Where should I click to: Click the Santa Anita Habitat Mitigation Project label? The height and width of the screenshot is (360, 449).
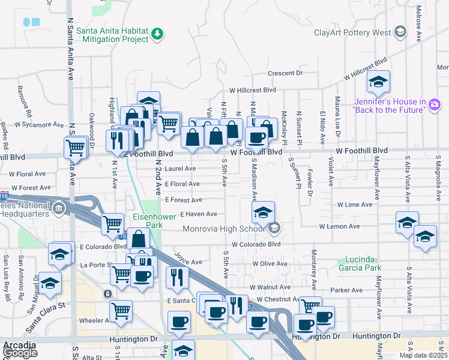coord(112,34)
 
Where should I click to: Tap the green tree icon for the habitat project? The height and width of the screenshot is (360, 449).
coord(157,34)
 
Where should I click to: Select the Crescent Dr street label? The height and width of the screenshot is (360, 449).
coord(285,73)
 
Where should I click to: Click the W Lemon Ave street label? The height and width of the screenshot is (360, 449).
coord(339,226)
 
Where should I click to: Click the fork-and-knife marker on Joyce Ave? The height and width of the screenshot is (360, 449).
coord(177,277)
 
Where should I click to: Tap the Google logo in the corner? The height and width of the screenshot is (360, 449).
coord(20,353)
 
